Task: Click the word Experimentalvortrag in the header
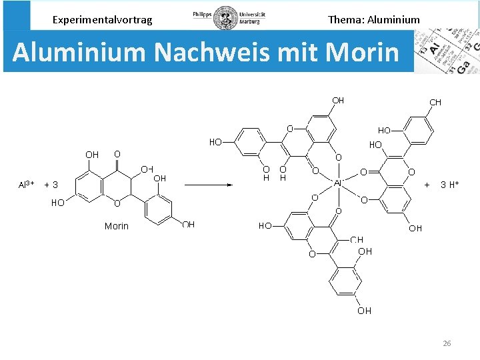[x=102, y=19]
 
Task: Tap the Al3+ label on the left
[x=27, y=185]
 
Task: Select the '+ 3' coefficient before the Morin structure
[x=51, y=185]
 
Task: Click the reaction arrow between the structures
[x=208, y=185]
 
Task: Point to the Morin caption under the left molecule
[x=117, y=226]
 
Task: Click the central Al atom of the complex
[x=338, y=182]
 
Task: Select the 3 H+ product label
[x=450, y=185]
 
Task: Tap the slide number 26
[x=447, y=343]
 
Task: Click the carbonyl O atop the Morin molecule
[x=117, y=154]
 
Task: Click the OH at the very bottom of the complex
[x=364, y=311]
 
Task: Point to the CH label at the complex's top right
[x=435, y=102]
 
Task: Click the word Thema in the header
[x=345, y=19]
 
